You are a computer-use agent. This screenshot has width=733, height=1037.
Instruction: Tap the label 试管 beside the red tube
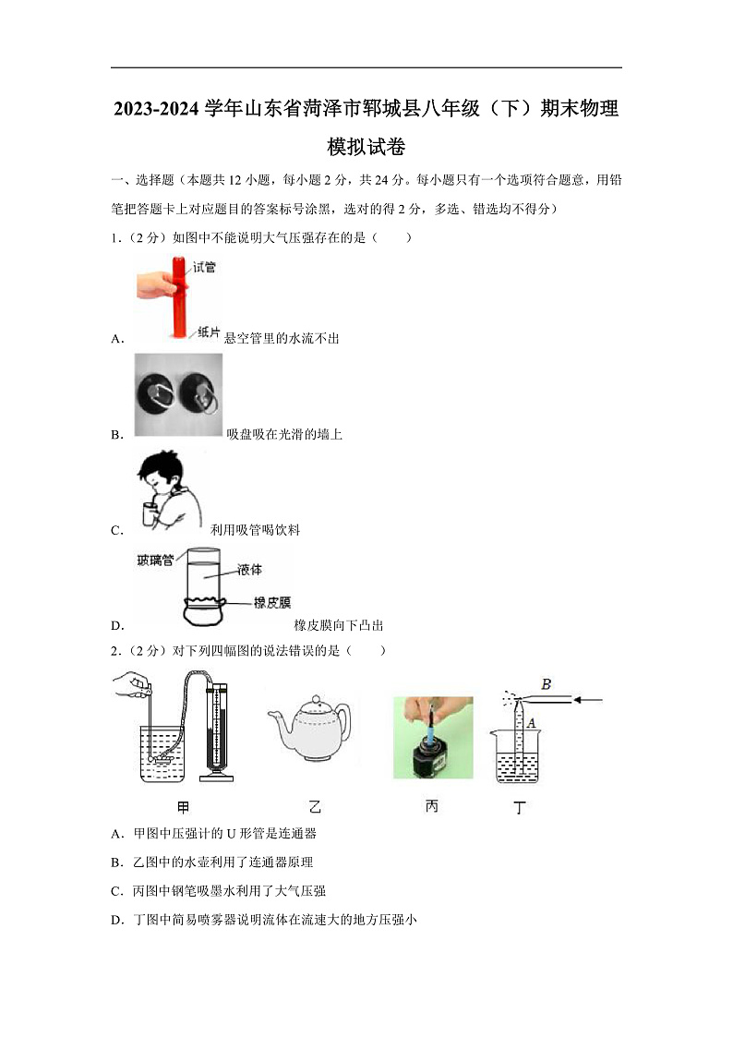pos(205,268)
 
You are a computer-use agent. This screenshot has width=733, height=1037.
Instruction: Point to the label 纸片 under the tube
pos(208,331)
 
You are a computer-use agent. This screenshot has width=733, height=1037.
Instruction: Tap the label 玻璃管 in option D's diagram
pos(155,560)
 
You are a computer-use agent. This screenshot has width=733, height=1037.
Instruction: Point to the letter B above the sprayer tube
pos(547,684)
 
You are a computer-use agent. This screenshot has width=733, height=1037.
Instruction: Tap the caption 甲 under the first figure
pos(183,807)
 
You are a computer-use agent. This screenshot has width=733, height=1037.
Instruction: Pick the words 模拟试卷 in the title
pos(366,147)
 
